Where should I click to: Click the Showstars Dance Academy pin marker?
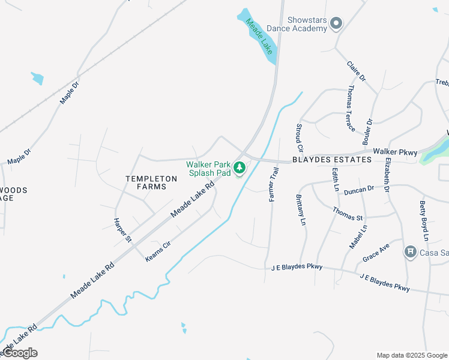[x=336, y=24]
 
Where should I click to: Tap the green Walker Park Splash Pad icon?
[x=240, y=167]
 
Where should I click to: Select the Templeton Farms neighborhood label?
[x=151, y=183]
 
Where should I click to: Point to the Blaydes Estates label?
[x=324, y=160]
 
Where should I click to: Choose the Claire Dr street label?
[x=357, y=71]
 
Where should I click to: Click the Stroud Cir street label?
[x=299, y=137]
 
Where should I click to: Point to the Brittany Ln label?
[x=300, y=209]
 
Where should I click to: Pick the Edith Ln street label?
[x=334, y=180]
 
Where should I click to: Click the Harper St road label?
[x=122, y=230]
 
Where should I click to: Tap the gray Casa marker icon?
[x=411, y=251]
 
